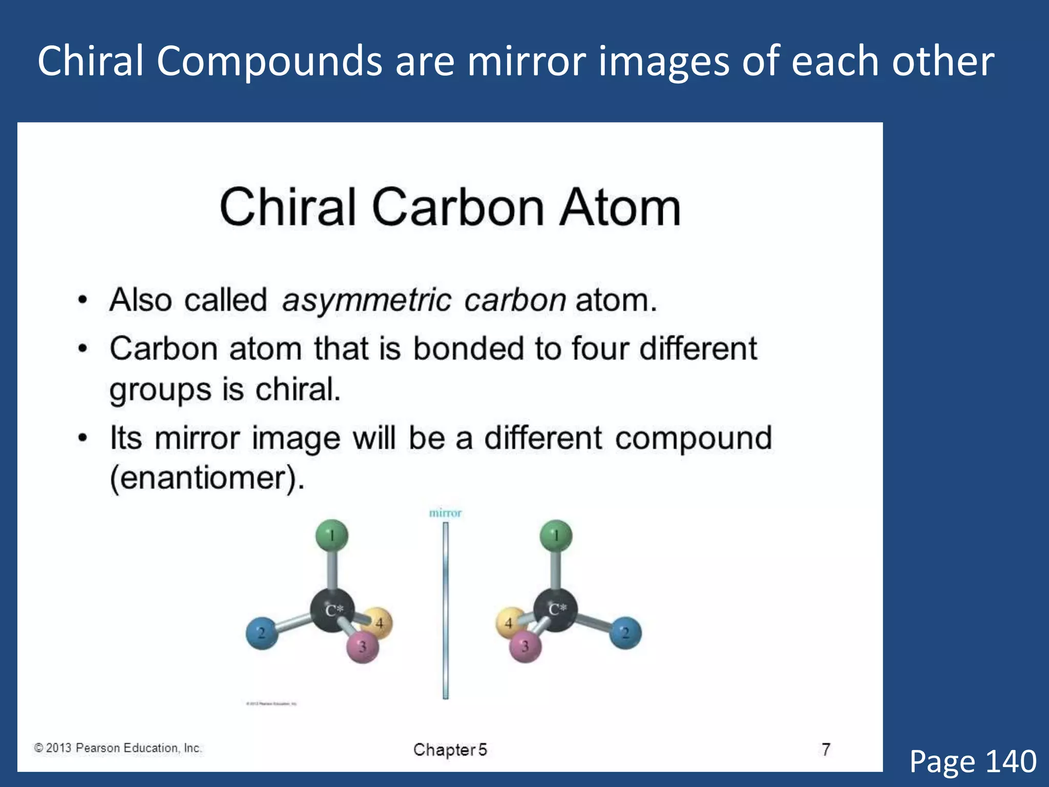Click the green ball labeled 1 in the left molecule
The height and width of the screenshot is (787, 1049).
point(332,536)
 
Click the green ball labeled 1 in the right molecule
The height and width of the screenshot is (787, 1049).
point(556,536)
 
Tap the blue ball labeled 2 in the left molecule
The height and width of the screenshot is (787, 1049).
point(262,633)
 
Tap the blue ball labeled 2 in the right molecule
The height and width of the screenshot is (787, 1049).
point(625,633)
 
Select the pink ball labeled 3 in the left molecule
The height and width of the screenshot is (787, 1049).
point(363,647)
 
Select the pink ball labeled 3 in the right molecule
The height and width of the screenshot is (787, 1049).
point(525,647)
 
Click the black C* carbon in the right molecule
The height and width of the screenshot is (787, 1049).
point(556,609)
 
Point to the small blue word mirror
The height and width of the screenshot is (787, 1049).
point(445,513)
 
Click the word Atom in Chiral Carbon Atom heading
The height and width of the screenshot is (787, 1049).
point(619,207)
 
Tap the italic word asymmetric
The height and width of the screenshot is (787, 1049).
point(366,300)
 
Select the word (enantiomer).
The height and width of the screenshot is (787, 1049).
point(207,479)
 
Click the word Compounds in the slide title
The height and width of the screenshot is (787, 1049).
point(269,61)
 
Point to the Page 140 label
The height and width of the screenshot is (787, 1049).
point(973,761)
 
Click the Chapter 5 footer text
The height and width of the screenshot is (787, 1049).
point(450,750)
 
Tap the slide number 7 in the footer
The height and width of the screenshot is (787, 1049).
point(826,749)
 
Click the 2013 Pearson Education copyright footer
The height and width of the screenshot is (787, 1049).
point(118,748)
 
